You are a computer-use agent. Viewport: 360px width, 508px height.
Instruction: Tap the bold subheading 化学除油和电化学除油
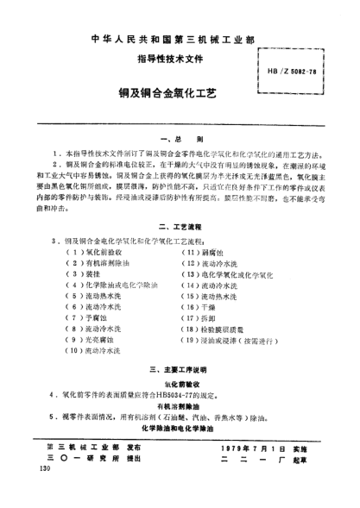[180, 429]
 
